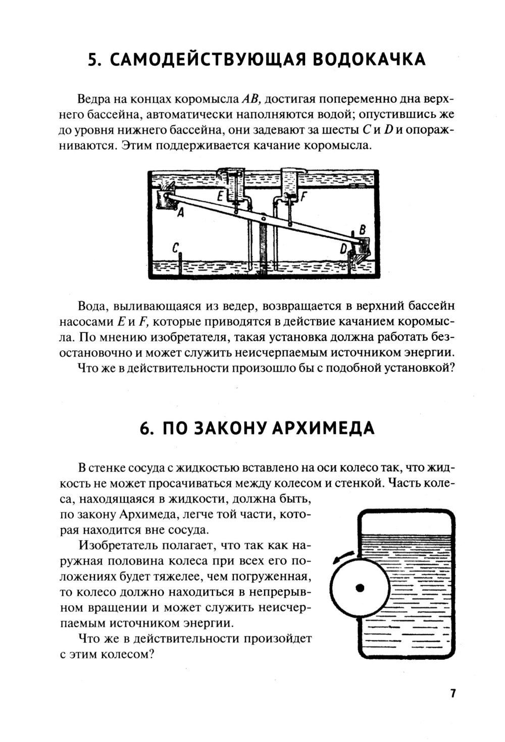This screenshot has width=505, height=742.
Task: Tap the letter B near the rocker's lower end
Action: [362, 230]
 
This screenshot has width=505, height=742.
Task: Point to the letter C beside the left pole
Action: [175, 248]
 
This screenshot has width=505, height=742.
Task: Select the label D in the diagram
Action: [344, 249]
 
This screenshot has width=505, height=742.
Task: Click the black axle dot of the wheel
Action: [360, 587]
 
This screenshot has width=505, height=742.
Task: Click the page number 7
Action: [453, 693]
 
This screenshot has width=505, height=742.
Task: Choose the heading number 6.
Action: [145, 428]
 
